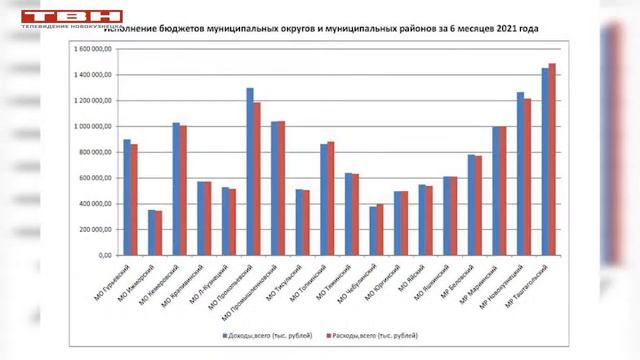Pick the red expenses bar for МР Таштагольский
552,159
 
